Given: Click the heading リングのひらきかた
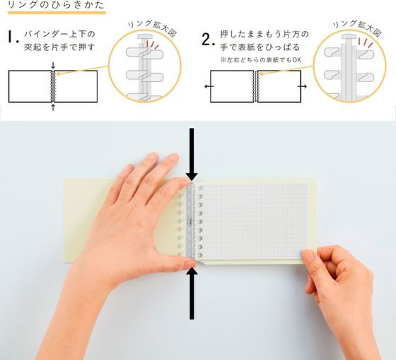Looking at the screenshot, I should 53,6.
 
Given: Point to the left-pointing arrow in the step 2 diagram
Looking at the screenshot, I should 204,86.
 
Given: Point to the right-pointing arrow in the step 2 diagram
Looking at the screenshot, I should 303,86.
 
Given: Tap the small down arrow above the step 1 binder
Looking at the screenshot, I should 53,67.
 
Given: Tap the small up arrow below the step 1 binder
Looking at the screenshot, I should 53,107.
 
